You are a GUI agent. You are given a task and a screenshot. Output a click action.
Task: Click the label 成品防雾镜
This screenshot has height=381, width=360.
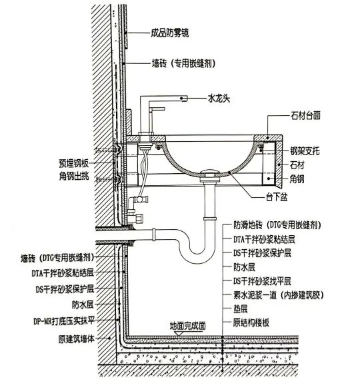170,33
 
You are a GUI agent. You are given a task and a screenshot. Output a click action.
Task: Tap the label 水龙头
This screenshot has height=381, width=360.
219,99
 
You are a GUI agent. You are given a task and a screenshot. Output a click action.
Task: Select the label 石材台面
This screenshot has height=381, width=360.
305,115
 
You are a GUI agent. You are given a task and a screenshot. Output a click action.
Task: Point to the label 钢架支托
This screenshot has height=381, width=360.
305,151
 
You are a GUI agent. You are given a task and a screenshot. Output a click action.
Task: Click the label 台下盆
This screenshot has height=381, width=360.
277,196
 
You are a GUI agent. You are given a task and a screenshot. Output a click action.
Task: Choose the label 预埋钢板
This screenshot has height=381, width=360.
74,163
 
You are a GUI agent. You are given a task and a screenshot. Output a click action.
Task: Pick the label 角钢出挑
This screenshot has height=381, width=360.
74,176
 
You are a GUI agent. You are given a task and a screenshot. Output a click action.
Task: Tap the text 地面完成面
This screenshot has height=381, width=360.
187,326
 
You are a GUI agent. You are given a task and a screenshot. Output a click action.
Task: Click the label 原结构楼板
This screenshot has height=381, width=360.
251,322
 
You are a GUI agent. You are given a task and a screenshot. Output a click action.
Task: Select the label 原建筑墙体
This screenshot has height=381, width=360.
76,339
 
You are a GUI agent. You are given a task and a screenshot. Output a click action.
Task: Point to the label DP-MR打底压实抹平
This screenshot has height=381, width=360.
64,321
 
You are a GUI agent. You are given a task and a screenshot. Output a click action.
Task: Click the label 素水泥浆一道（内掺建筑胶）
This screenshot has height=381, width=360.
279,295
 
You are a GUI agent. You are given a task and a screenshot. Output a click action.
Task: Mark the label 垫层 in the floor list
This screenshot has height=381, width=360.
240,309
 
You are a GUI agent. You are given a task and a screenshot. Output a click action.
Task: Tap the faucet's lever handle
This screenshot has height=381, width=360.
157,109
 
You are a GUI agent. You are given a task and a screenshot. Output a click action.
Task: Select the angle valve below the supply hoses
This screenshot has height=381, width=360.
135,208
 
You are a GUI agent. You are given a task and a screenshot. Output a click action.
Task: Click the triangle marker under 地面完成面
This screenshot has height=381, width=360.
179,333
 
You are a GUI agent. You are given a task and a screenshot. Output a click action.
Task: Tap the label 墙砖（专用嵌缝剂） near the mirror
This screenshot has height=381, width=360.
183,64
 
